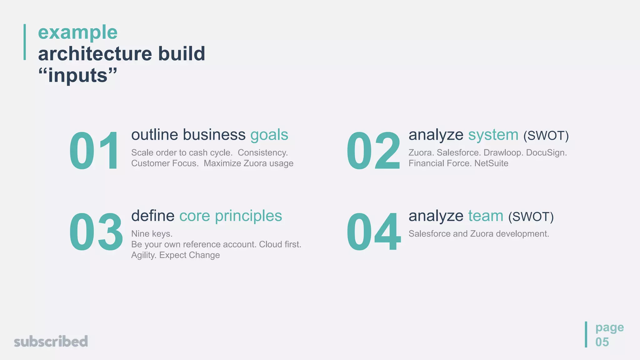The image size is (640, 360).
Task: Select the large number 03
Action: point(96,232)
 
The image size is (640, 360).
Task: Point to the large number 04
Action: point(373,232)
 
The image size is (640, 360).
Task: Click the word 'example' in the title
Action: point(77,32)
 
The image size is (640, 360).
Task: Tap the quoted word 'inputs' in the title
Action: point(77,76)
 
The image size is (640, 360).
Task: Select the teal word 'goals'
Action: point(269,135)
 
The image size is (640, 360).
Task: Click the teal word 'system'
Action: point(493,135)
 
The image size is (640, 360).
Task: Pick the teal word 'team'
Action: point(486,216)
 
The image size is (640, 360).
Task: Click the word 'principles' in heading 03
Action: point(248,216)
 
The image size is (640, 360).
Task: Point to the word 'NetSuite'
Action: point(491,163)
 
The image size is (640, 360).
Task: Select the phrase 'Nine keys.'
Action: point(152,234)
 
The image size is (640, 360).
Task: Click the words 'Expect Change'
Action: point(189,255)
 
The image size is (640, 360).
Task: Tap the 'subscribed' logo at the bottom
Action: point(51,342)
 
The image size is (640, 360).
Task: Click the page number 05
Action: point(602,342)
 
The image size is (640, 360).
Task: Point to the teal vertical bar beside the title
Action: point(25,42)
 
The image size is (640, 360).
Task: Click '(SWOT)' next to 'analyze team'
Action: point(531,217)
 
